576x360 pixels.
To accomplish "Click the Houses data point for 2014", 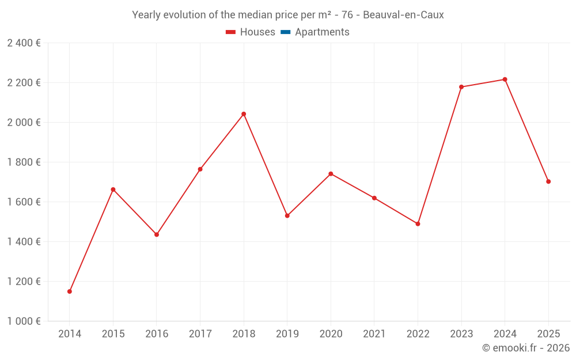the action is [70, 291].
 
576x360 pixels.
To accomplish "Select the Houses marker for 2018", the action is [244, 114].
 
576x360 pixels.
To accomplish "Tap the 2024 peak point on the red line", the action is [505, 79].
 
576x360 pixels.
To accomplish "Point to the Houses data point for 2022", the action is [418, 223].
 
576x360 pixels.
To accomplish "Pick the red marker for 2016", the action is [157, 234].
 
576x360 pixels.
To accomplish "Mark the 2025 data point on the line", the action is [548, 181].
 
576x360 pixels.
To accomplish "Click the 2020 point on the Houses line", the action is [331, 174].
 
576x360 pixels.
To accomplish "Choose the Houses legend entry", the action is [251, 32].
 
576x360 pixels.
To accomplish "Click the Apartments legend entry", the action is [315, 32].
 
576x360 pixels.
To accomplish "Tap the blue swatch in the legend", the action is [286, 32].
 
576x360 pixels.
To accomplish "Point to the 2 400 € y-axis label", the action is [24, 43].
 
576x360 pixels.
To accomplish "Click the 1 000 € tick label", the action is [24, 321].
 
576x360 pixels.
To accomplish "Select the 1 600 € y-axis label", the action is [24, 202].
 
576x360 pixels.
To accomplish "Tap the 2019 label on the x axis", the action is [287, 334].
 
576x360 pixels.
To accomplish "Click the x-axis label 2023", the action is [461, 334].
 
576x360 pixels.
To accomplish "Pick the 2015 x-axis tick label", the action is [113, 334].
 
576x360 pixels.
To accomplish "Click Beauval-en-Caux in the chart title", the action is [403, 15].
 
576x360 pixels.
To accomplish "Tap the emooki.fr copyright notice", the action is [526, 347].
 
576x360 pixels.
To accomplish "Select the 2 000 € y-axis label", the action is [24, 122].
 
